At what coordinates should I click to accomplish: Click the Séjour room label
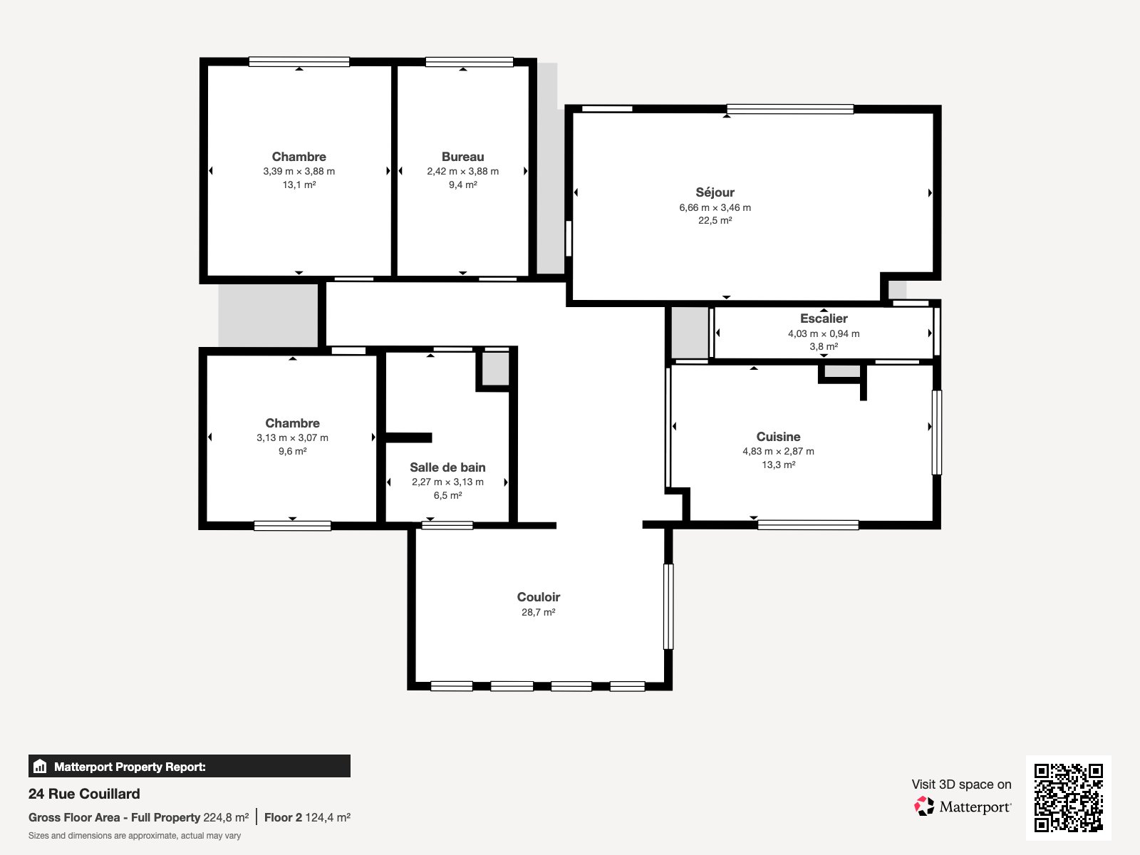[715, 192]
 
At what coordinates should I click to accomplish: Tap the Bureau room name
[462, 157]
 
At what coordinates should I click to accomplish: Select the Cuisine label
[778, 437]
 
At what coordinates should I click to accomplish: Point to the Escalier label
[824, 318]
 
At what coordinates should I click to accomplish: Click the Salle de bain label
[447, 467]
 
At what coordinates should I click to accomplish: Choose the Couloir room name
[539, 597]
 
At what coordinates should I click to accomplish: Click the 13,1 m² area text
[299, 185]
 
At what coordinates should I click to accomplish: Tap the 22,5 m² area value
[715, 221]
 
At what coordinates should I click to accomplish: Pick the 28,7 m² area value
[539, 612]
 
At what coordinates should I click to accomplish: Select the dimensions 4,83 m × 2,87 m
[778, 451]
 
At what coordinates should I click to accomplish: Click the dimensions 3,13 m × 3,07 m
[292, 437]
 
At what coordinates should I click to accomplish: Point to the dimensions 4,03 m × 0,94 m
[824, 333]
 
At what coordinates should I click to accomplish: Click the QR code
[1068, 797]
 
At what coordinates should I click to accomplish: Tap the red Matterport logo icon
[924, 807]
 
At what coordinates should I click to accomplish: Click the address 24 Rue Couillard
[84, 794]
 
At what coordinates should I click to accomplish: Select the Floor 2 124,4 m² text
[308, 818]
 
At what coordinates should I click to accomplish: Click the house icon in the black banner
[40, 766]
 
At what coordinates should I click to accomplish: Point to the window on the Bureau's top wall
[469, 62]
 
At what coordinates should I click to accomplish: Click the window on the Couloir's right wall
[668, 606]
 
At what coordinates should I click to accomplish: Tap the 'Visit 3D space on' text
[961, 784]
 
